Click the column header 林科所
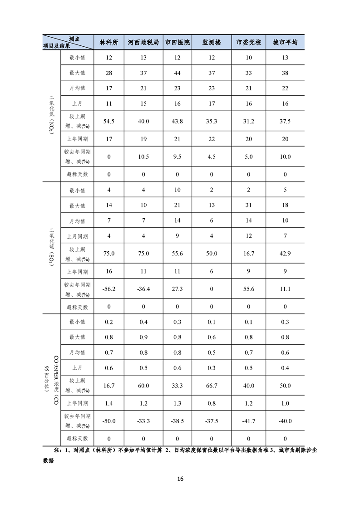click(109, 42)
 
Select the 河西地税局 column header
click(143, 42)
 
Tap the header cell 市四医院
click(177, 42)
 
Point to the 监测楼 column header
click(212, 42)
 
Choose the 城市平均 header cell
click(285, 42)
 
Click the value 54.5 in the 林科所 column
click(109, 121)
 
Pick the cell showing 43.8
click(177, 121)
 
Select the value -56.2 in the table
click(109, 289)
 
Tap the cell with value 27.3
click(177, 289)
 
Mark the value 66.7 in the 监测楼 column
click(212, 386)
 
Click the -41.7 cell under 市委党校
click(249, 421)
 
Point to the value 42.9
click(285, 254)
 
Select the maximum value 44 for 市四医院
click(177, 73)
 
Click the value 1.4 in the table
click(109, 403)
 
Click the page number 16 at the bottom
click(180, 479)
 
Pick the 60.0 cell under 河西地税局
click(143, 386)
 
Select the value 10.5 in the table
click(143, 157)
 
